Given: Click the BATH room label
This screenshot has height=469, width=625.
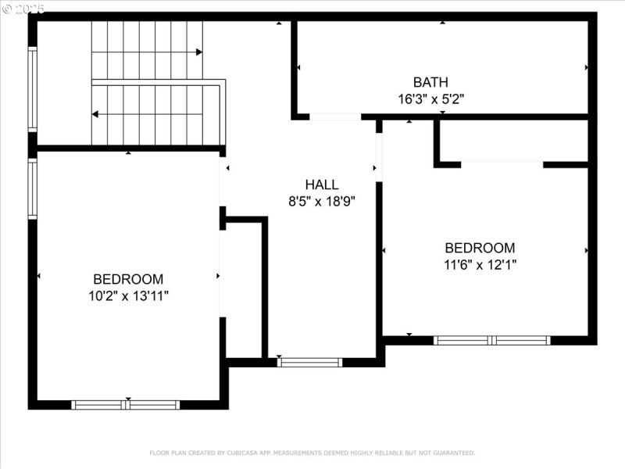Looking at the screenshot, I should [430, 82].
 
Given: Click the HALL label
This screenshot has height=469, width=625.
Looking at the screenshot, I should [322, 185].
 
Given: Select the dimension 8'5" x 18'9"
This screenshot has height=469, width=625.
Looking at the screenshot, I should [322, 202].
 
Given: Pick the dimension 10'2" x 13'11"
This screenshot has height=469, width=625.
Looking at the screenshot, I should [128, 295].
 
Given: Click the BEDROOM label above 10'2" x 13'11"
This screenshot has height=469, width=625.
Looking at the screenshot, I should [128, 279].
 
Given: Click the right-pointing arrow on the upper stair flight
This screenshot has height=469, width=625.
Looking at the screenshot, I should [199, 52].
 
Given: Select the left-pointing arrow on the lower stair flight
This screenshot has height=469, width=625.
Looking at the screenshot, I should [95, 114].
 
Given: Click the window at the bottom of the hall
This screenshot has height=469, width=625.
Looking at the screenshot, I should [310, 362].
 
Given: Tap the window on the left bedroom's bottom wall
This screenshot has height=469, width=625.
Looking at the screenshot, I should [126, 405].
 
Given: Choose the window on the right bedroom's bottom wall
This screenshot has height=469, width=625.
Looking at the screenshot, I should [492, 340].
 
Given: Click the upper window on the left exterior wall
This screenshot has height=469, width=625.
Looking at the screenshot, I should [33, 89].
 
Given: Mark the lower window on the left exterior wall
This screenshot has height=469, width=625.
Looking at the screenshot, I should [33, 188].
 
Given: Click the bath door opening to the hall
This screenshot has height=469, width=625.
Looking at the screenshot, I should [335, 117].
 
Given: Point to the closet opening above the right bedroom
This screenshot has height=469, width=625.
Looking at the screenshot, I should [502, 164].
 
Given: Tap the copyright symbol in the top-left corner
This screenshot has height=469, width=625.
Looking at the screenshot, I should [7, 9].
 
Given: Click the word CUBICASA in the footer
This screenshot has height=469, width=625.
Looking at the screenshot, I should [242, 453].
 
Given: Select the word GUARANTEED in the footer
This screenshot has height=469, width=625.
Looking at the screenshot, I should [452, 453].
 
